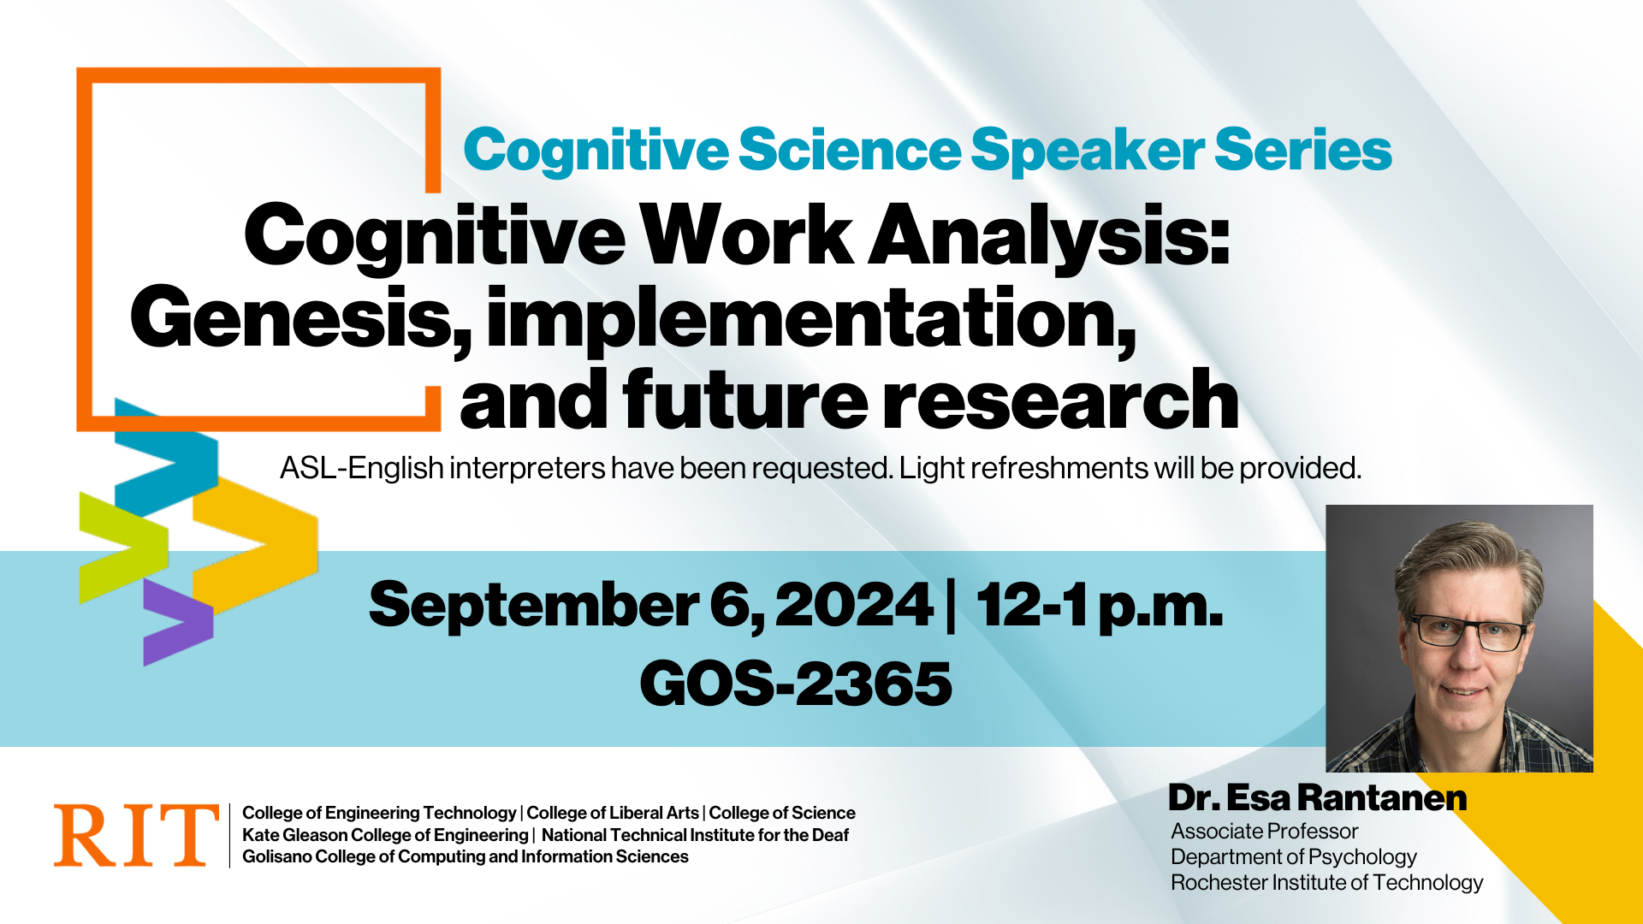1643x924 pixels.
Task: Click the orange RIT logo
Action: tap(136, 835)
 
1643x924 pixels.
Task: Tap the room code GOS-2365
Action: tap(796, 684)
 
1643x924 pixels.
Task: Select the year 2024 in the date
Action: tap(853, 605)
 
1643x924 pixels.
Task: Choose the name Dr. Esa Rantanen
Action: tap(1318, 797)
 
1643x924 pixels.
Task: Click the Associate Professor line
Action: tap(1264, 831)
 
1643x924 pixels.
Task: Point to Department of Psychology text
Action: tap(1294, 856)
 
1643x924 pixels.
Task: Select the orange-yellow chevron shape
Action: tap(255, 544)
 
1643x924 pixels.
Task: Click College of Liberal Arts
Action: tap(613, 813)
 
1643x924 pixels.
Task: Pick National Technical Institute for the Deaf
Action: tap(695, 835)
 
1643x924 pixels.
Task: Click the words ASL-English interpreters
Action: tap(442, 468)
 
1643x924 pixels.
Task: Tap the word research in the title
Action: tap(1060, 400)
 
